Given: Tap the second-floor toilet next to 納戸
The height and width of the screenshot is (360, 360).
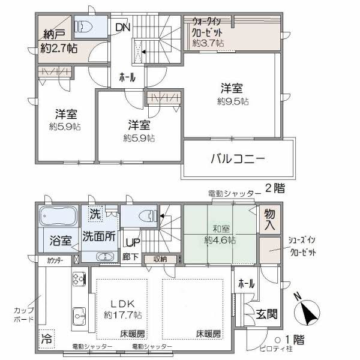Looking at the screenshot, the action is (83, 26).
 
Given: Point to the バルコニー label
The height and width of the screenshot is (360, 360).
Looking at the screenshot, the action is (238, 159).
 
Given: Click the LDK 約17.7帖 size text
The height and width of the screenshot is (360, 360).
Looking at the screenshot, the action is (123, 315).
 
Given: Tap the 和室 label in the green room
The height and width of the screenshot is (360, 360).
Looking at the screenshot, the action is (221, 229).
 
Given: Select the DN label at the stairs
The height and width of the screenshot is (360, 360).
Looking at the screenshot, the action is (123, 28).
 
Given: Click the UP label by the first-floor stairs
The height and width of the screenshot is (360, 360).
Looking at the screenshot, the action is (133, 242).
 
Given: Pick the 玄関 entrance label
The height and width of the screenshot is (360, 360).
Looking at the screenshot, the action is (266, 314).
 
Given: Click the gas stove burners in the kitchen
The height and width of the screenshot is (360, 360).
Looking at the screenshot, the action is (79, 279).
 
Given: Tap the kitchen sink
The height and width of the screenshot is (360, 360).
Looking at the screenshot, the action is (79, 317).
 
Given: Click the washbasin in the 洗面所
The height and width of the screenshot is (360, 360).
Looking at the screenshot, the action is (105, 257).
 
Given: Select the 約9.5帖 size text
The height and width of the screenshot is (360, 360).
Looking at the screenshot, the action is (233, 101).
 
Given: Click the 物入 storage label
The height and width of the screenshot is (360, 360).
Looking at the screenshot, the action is (269, 220).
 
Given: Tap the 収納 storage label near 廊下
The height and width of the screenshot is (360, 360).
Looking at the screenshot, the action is (160, 259).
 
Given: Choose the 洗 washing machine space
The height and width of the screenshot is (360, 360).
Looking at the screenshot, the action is (95, 214).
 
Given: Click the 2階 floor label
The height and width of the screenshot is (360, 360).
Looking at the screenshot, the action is (275, 188).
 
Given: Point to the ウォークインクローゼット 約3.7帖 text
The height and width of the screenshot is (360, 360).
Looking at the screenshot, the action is (208, 32).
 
